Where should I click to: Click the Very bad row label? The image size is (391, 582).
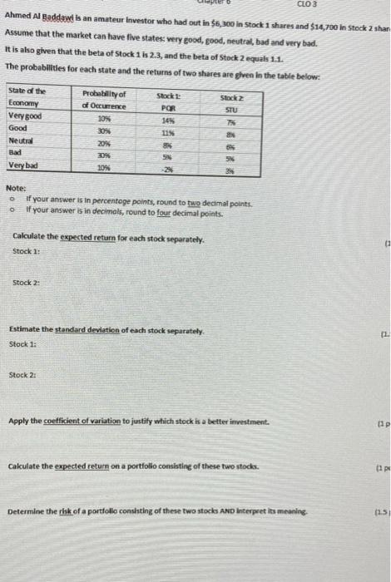[24, 165]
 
